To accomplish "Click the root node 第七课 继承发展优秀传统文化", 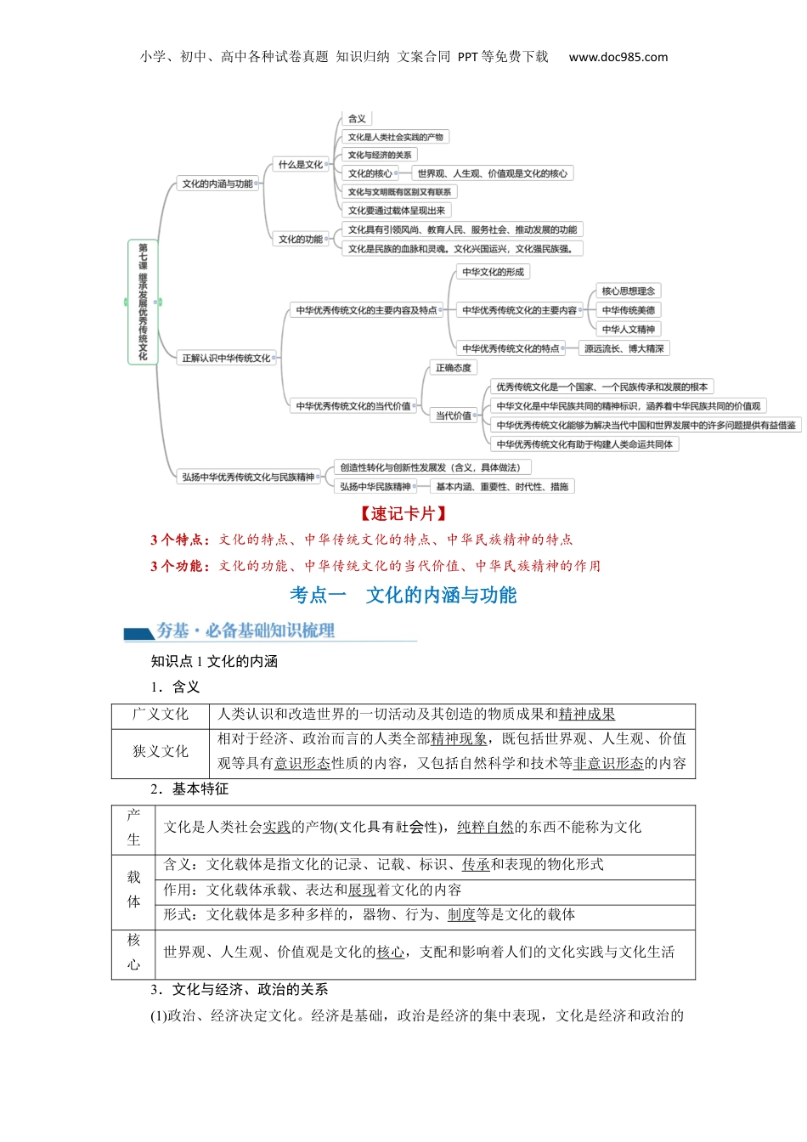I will (x=143, y=302).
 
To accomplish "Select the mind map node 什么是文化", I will (x=301, y=165).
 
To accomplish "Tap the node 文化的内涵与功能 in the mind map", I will (x=217, y=184).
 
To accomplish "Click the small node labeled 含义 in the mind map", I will (x=357, y=119).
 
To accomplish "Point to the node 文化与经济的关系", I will (x=380, y=155).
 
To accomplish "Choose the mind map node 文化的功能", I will (x=301, y=240).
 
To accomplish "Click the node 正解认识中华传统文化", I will (x=226, y=359).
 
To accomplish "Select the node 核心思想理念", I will (x=629, y=291).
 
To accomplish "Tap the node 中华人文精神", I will (x=629, y=330).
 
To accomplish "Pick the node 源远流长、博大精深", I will (x=624, y=348).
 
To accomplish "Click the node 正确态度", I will (x=453, y=368).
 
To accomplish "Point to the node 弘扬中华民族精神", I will (x=375, y=487).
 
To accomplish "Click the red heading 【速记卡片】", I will (x=403, y=513).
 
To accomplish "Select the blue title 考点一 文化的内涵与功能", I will (x=403, y=595).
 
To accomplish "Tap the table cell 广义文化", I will (x=161, y=715).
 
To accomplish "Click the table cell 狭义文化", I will (x=161, y=751).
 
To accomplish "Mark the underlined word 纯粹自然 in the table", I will (x=486, y=827).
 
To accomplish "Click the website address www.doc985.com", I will (x=618, y=57).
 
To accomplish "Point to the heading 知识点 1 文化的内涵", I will (x=214, y=661).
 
